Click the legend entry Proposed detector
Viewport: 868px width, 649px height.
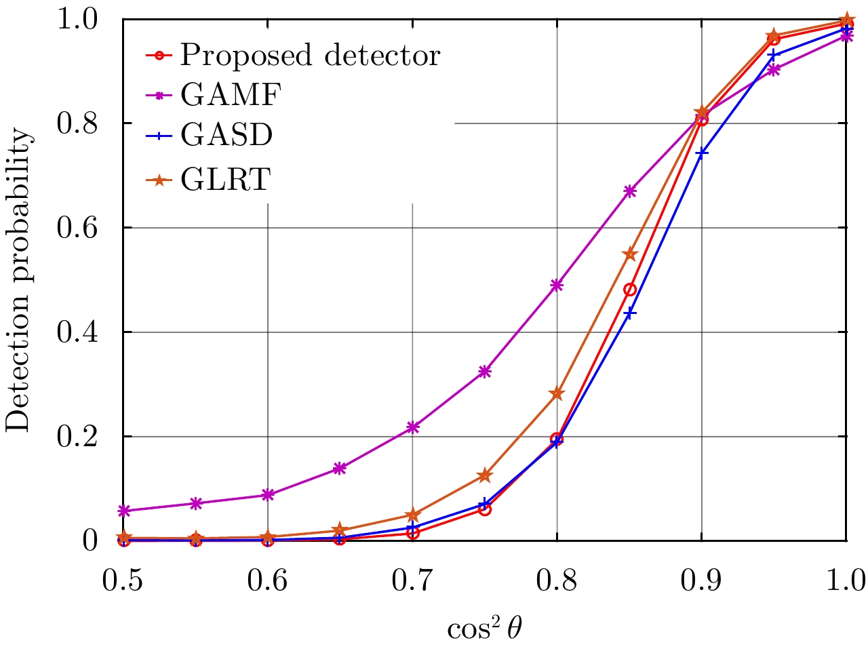point(310,55)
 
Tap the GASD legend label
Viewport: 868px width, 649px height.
point(226,136)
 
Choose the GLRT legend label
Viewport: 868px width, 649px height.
point(225,180)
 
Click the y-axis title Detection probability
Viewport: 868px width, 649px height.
point(18,279)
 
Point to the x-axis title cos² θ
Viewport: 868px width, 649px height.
point(484,629)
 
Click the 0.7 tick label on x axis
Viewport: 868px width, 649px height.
point(412,581)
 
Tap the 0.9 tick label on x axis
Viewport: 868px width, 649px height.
point(701,581)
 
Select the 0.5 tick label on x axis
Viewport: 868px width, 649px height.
point(123,581)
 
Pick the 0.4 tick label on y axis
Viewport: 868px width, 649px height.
point(77,332)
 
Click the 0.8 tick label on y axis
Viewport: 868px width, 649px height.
point(77,123)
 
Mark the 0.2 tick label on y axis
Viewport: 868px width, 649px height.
point(77,437)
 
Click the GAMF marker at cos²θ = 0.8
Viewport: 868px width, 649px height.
point(557,285)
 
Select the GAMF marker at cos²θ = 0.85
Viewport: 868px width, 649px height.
point(629,191)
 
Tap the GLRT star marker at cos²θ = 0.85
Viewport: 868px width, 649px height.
point(629,254)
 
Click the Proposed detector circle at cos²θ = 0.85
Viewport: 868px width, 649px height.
point(629,290)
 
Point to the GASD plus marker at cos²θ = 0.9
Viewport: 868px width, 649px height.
point(702,153)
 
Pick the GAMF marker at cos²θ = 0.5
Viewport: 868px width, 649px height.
point(123,511)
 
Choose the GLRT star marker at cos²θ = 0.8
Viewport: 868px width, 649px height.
point(557,393)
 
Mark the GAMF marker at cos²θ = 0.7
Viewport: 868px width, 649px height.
point(412,427)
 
